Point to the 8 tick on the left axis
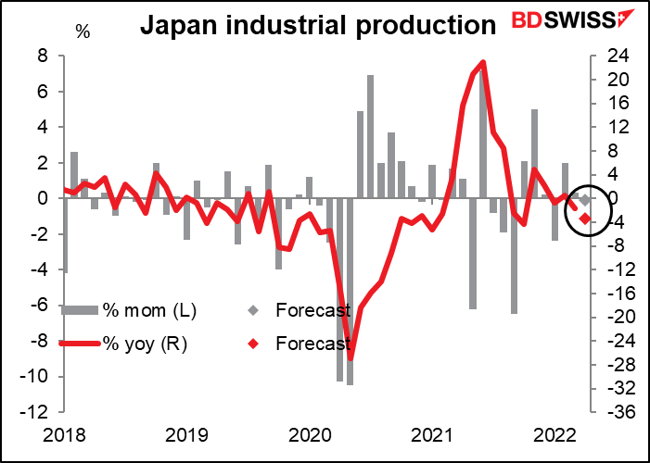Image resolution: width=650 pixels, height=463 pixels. click(x=42, y=56)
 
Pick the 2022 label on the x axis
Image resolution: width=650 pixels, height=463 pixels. click(x=555, y=433)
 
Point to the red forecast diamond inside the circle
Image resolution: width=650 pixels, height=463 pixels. click(x=585, y=219)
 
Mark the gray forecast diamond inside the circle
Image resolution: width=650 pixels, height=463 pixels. click(x=585, y=199)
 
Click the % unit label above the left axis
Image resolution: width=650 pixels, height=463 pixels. click(x=83, y=32)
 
